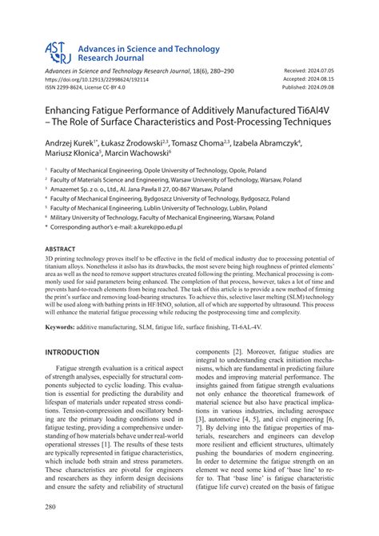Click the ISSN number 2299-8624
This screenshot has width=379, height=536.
[x=75, y=89]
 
